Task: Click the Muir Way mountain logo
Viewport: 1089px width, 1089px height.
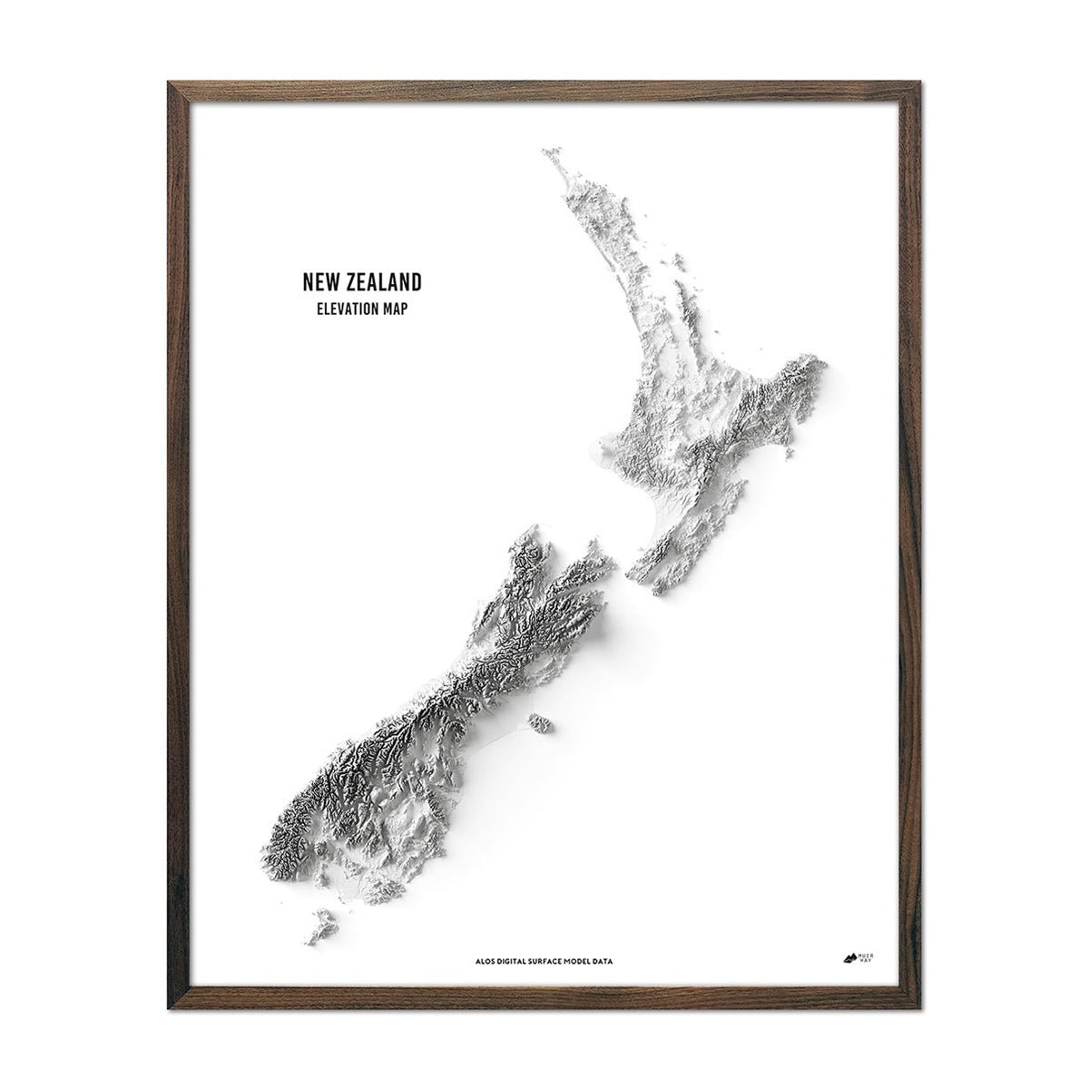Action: tap(850, 955)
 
